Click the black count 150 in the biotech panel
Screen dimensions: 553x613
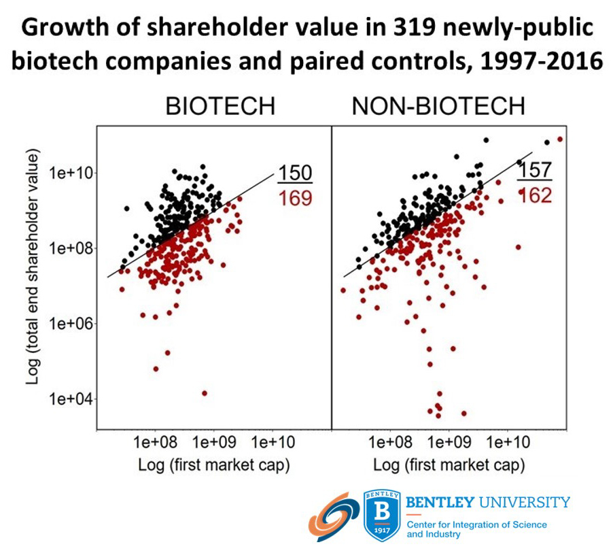(294, 173)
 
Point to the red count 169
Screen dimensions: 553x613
(294, 199)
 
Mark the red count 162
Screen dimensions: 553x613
(535, 195)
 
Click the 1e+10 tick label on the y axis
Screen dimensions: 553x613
(69, 173)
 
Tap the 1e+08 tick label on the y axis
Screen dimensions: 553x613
(69, 248)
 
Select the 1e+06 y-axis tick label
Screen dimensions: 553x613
(69, 324)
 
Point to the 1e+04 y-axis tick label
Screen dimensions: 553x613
(69, 399)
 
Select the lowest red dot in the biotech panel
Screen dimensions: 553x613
(204, 393)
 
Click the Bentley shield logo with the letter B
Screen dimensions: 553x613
(382, 515)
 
